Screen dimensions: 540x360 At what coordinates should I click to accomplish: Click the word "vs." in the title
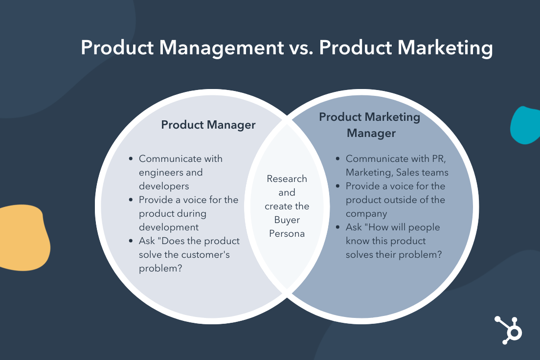pyautogui.click(x=301, y=47)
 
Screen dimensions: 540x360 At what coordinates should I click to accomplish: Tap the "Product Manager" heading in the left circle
pyautogui.click(x=208, y=125)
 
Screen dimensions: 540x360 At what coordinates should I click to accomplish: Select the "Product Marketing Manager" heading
pyautogui.click(x=369, y=125)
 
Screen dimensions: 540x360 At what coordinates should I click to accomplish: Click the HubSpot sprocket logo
pyautogui.click(x=509, y=330)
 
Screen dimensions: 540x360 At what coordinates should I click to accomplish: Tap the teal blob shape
pyautogui.click(x=525, y=125)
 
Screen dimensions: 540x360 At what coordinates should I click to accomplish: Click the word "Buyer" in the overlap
pyautogui.click(x=287, y=220)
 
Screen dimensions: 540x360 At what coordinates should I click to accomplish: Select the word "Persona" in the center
pyautogui.click(x=287, y=234)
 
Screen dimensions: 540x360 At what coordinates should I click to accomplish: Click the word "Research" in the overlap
pyautogui.click(x=287, y=179)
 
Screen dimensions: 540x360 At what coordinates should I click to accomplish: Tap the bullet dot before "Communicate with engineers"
pyautogui.click(x=131, y=159)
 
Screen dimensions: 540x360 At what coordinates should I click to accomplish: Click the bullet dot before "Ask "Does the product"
pyautogui.click(x=131, y=241)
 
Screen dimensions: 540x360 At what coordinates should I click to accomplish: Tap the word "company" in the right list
pyautogui.click(x=366, y=214)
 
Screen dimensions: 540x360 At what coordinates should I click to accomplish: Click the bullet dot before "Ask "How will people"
pyautogui.click(x=338, y=227)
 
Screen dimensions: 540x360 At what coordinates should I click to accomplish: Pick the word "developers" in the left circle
pyautogui.click(x=164, y=186)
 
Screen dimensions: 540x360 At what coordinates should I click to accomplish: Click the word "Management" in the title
pyautogui.click(x=222, y=48)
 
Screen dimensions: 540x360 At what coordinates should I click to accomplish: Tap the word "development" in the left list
pyautogui.click(x=169, y=227)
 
